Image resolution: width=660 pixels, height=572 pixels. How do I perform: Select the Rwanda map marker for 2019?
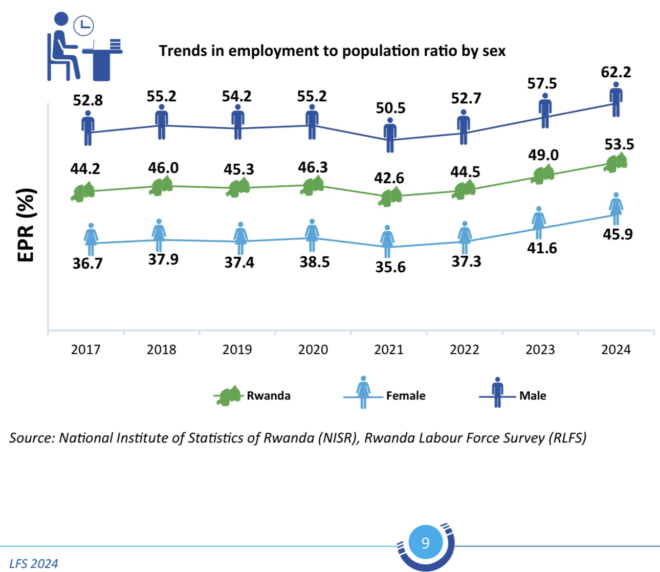pos(238,188)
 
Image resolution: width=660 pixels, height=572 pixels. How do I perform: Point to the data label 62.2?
pos(616,72)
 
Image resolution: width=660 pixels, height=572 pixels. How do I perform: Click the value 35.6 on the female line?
pos(390,267)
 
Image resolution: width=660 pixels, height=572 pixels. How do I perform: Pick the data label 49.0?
pos(543,155)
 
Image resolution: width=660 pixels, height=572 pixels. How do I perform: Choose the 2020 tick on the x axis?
pos(313,349)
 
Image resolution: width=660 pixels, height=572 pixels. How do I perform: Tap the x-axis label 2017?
pos(85,349)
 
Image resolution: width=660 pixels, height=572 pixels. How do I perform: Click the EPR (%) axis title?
pos(27,225)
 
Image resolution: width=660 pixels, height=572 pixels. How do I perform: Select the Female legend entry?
pos(405,395)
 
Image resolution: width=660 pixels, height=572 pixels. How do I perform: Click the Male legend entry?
pos(532,395)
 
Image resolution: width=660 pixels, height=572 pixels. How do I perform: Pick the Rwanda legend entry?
pos(268,395)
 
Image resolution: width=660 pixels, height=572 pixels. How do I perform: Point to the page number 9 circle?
pos(425,542)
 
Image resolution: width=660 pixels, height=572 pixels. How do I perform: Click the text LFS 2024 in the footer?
pos(34,563)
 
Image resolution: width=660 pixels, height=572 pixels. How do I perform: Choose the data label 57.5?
pos(542,83)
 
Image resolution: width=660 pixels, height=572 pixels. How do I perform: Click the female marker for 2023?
pos(538,223)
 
